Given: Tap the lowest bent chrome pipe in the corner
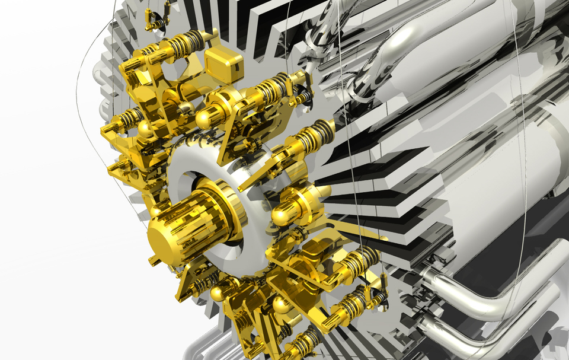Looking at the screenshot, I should (474, 332).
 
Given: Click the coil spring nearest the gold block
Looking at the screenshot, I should (188, 42).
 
